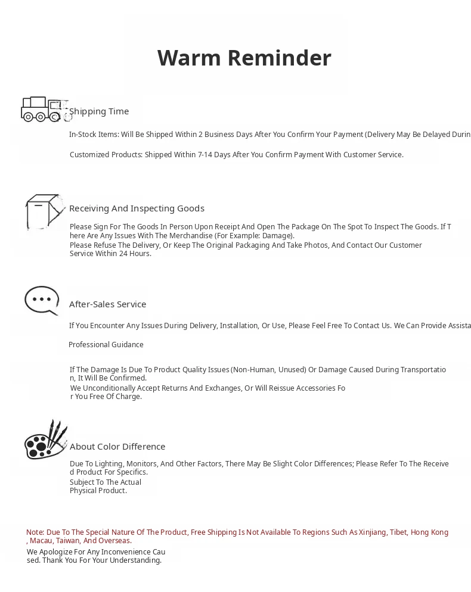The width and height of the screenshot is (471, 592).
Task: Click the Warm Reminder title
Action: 244,58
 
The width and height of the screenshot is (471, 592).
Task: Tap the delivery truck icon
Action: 43,109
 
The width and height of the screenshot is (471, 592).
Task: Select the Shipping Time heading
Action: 99,111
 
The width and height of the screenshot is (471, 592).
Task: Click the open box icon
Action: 44,211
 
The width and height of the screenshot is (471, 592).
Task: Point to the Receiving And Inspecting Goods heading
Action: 137,208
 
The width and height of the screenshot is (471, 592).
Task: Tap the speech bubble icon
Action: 42,300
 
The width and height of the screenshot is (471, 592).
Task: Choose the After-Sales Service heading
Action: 107,304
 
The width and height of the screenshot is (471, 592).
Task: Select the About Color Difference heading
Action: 117,447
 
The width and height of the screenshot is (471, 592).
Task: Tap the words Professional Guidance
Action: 106,345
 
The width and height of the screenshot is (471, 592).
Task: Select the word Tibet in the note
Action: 398,532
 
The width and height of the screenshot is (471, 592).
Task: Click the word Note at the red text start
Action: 35,532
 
